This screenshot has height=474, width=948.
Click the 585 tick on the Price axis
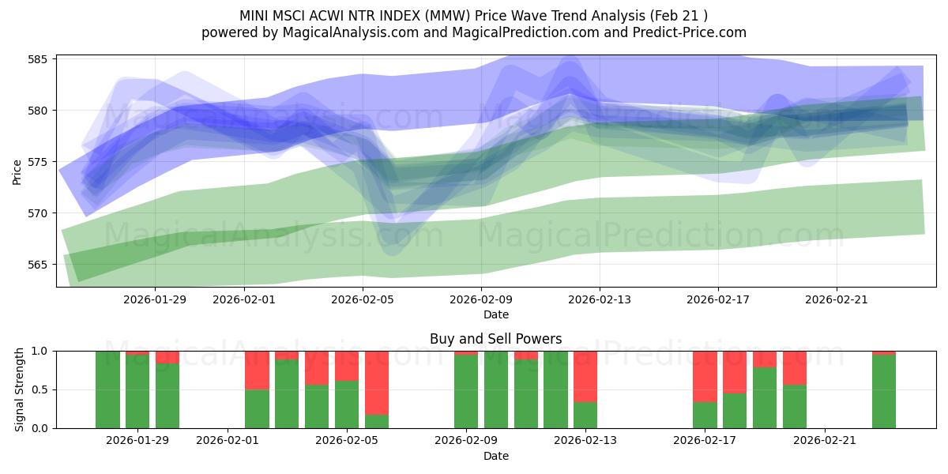(x=39, y=59)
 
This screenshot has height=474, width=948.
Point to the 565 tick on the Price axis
(x=39, y=265)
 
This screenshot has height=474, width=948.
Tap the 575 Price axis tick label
(x=39, y=162)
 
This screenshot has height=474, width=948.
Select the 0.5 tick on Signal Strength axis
(x=41, y=389)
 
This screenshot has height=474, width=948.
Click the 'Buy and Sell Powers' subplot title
(x=495, y=339)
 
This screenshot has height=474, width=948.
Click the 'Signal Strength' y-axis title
(x=20, y=389)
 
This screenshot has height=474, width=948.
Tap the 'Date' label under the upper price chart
(x=495, y=314)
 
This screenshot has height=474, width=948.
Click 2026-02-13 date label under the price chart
(x=600, y=299)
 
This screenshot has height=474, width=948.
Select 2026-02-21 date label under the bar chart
(x=825, y=441)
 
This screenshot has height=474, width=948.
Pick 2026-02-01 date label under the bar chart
(x=228, y=441)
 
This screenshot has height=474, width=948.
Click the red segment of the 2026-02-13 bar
(x=585, y=376)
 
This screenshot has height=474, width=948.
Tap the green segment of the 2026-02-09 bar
(x=466, y=392)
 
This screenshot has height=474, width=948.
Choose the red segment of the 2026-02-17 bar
(x=705, y=376)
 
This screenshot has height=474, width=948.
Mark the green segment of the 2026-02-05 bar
(x=347, y=404)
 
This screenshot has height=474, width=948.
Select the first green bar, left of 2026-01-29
(x=107, y=389)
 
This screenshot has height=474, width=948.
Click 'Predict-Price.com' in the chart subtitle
(x=690, y=32)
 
